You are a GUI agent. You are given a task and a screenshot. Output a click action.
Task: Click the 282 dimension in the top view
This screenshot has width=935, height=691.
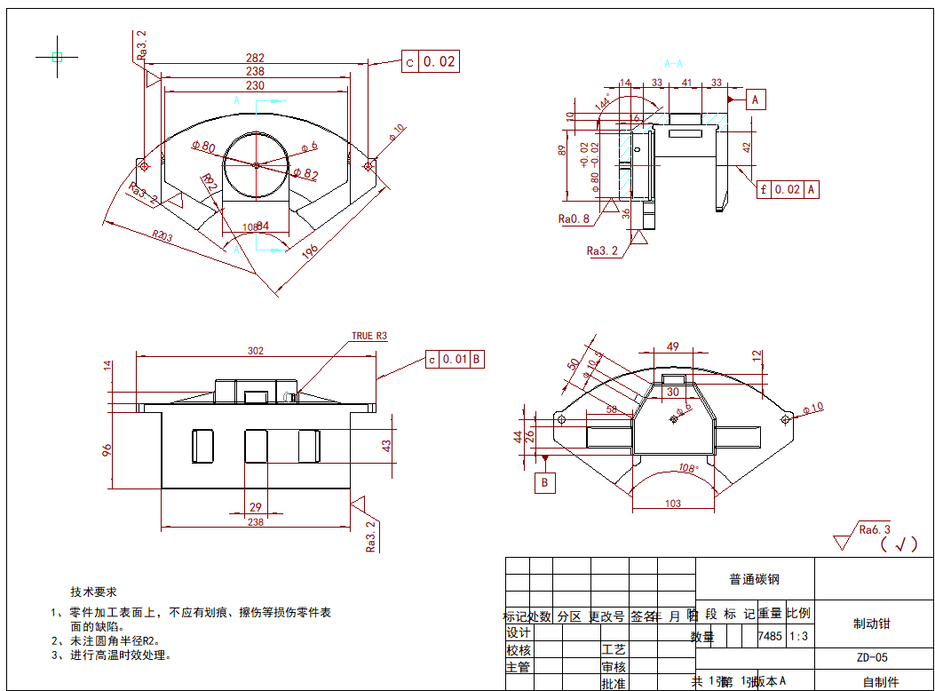click(255, 59)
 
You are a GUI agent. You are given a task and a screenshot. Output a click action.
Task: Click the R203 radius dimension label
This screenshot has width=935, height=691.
click(162, 235)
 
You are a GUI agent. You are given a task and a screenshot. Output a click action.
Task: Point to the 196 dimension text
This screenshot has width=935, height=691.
click(309, 252)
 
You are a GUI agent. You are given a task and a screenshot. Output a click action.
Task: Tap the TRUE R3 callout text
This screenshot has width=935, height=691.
click(369, 336)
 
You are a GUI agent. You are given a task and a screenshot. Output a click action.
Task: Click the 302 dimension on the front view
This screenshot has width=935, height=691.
click(255, 351)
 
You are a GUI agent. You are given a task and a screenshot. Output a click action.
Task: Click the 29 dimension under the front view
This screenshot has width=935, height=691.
click(255, 507)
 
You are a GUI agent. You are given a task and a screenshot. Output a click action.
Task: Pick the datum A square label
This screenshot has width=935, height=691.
click(756, 99)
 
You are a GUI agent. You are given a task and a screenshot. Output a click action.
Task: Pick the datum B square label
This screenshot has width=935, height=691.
click(545, 483)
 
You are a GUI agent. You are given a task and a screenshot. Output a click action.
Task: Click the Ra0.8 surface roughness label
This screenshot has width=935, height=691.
click(574, 218)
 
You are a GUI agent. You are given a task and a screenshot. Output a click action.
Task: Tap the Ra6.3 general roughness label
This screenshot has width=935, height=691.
click(875, 530)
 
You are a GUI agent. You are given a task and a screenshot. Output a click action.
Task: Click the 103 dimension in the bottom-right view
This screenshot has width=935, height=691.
click(672, 504)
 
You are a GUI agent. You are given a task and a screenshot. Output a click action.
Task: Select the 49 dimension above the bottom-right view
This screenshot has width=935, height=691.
click(672, 347)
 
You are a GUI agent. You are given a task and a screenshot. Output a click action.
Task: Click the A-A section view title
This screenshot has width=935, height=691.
click(674, 64)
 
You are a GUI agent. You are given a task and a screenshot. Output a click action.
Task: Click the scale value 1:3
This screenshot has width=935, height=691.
click(798, 636)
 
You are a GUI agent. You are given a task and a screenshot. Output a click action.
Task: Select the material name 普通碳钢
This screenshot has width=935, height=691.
click(754, 579)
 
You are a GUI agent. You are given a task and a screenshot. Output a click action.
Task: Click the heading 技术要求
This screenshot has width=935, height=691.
click(94, 592)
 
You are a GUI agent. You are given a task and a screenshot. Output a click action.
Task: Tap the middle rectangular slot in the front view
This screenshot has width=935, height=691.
click(257, 445)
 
